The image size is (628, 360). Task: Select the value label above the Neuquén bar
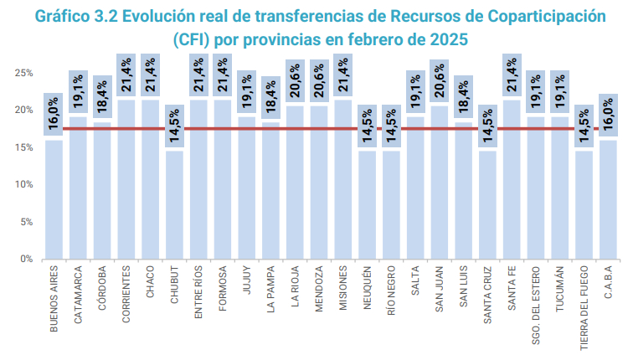[x=367, y=126]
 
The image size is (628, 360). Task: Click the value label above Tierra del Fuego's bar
[x=584, y=126]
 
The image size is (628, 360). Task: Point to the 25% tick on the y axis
[x=23, y=73]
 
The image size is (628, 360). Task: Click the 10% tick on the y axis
[x=23, y=184]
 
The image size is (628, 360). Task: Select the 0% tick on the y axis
[x=26, y=259]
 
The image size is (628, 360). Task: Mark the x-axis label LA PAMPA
[x=270, y=287]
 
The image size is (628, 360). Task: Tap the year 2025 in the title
[x=445, y=39]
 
